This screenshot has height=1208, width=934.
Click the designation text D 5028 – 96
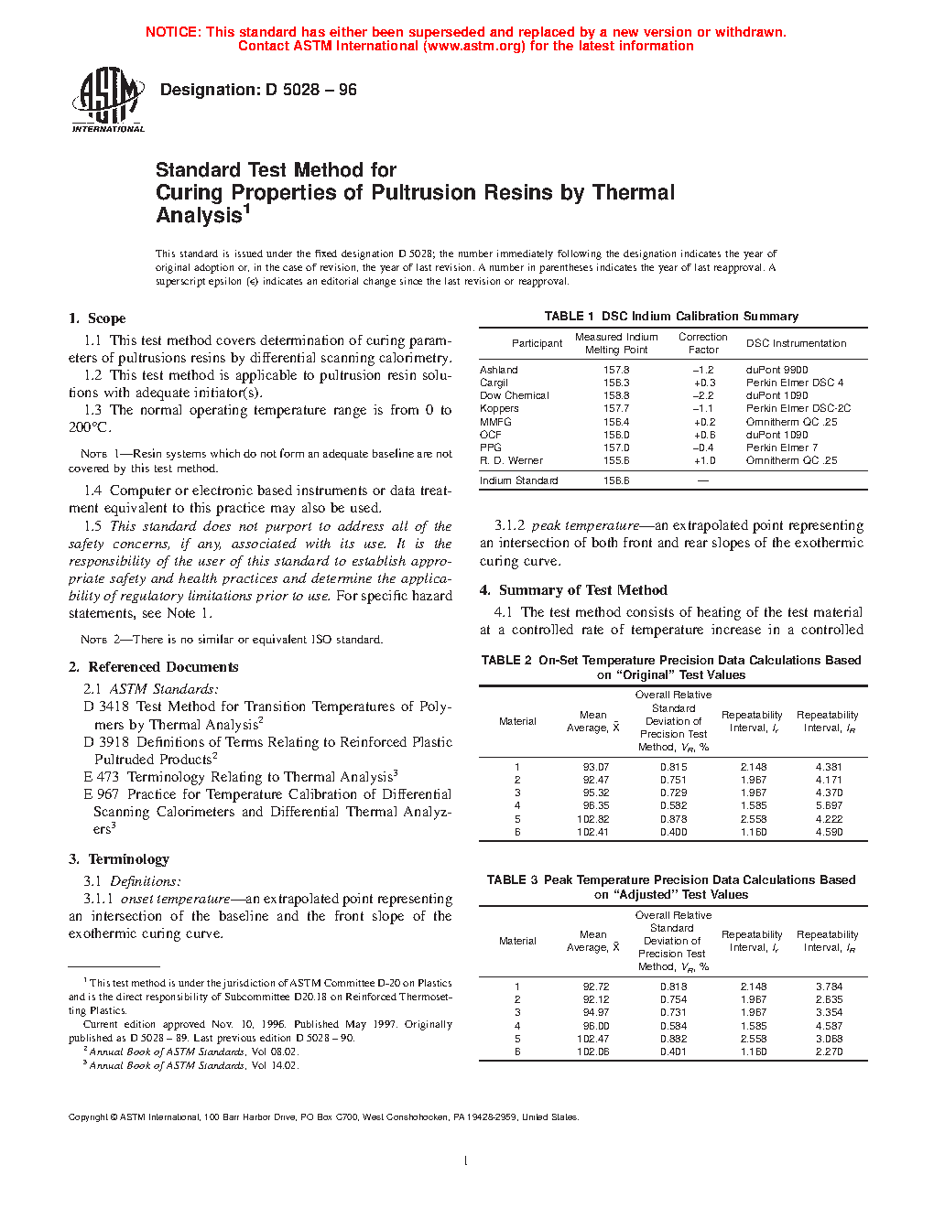tap(258, 90)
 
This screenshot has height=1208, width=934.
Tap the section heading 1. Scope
tap(97, 318)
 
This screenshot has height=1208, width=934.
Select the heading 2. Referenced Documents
tap(153, 667)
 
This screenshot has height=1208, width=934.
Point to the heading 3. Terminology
tap(119, 859)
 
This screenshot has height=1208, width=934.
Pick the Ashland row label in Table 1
tap(499, 370)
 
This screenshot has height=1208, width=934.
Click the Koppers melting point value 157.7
tap(616, 409)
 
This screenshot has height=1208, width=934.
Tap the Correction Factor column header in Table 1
tap(703, 343)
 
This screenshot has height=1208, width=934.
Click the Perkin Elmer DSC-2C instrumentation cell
tap(798, 409)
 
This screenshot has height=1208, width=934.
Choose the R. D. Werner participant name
tap(511, 460)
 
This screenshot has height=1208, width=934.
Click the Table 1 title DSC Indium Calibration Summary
tap(671, 317)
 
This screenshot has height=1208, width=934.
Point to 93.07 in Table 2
tap(596, 767)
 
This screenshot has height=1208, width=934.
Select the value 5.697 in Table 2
tap(829, 806)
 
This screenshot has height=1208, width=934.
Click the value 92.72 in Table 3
tap(596, 987)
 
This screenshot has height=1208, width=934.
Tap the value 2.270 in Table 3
tap(829, 1052)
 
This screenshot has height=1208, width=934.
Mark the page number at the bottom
tap(466, 1161)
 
